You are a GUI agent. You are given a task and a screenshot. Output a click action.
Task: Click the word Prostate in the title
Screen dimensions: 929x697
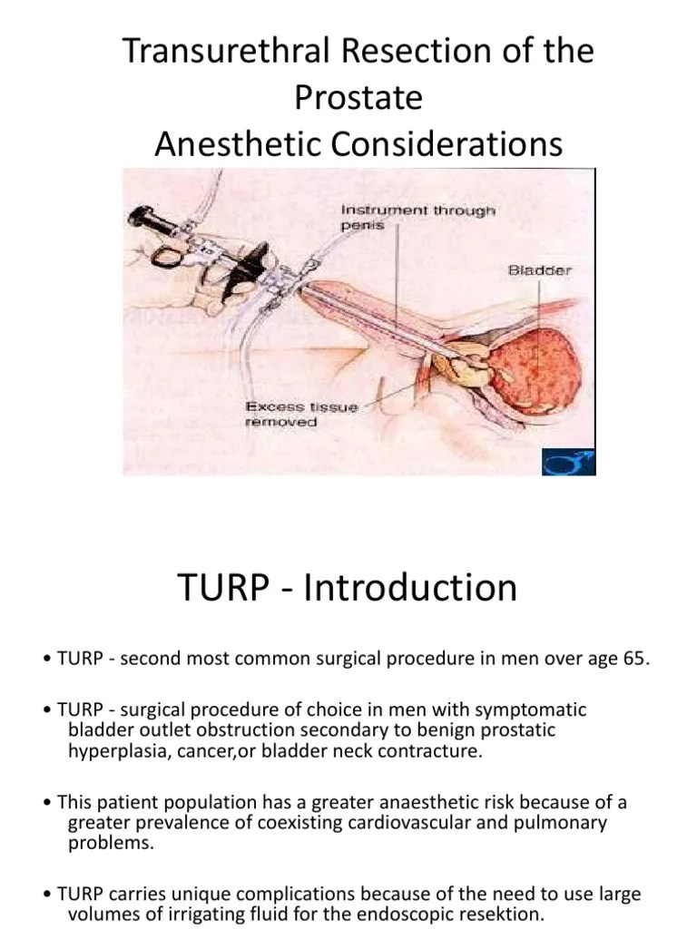(358, 97)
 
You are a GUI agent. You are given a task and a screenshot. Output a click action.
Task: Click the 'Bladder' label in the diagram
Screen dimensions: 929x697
(539, 269)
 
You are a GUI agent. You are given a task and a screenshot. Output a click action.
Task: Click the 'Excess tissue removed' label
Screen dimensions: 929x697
(300, 415)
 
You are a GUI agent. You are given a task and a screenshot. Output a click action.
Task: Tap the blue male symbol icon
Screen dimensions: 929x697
(568, 462)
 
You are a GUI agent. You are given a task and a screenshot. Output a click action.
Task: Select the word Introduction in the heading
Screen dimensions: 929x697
(410, 587)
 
